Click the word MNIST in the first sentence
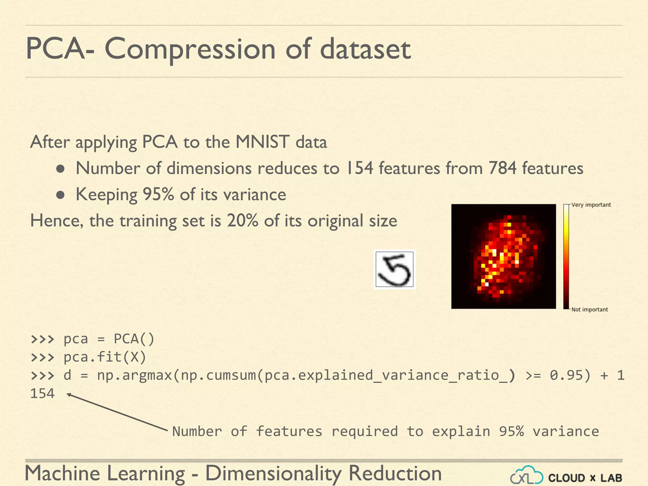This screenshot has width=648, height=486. click(262, 142)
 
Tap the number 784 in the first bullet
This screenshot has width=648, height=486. click(502, 168)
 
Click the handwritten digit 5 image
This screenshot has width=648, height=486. click(394, 269)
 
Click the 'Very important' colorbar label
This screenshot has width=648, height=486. click(591, 205)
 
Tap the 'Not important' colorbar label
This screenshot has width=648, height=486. click(589, 309)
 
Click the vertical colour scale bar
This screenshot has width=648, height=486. click(566, 257)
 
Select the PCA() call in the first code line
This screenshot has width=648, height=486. click(134, 339)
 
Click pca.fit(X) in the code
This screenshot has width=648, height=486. click(105, 357)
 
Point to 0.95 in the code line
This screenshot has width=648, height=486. click(566, 376)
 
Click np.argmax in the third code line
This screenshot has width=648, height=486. click(134, 376)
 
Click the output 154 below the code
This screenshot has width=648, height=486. click(42, 394)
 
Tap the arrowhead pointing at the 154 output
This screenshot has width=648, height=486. click(68, 394)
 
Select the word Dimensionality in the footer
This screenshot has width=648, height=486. click(273, 473)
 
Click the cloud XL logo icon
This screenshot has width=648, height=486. click(526, 476)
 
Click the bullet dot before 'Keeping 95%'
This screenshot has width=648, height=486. click(60, 195)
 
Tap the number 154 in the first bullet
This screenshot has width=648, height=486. click(359, 168)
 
